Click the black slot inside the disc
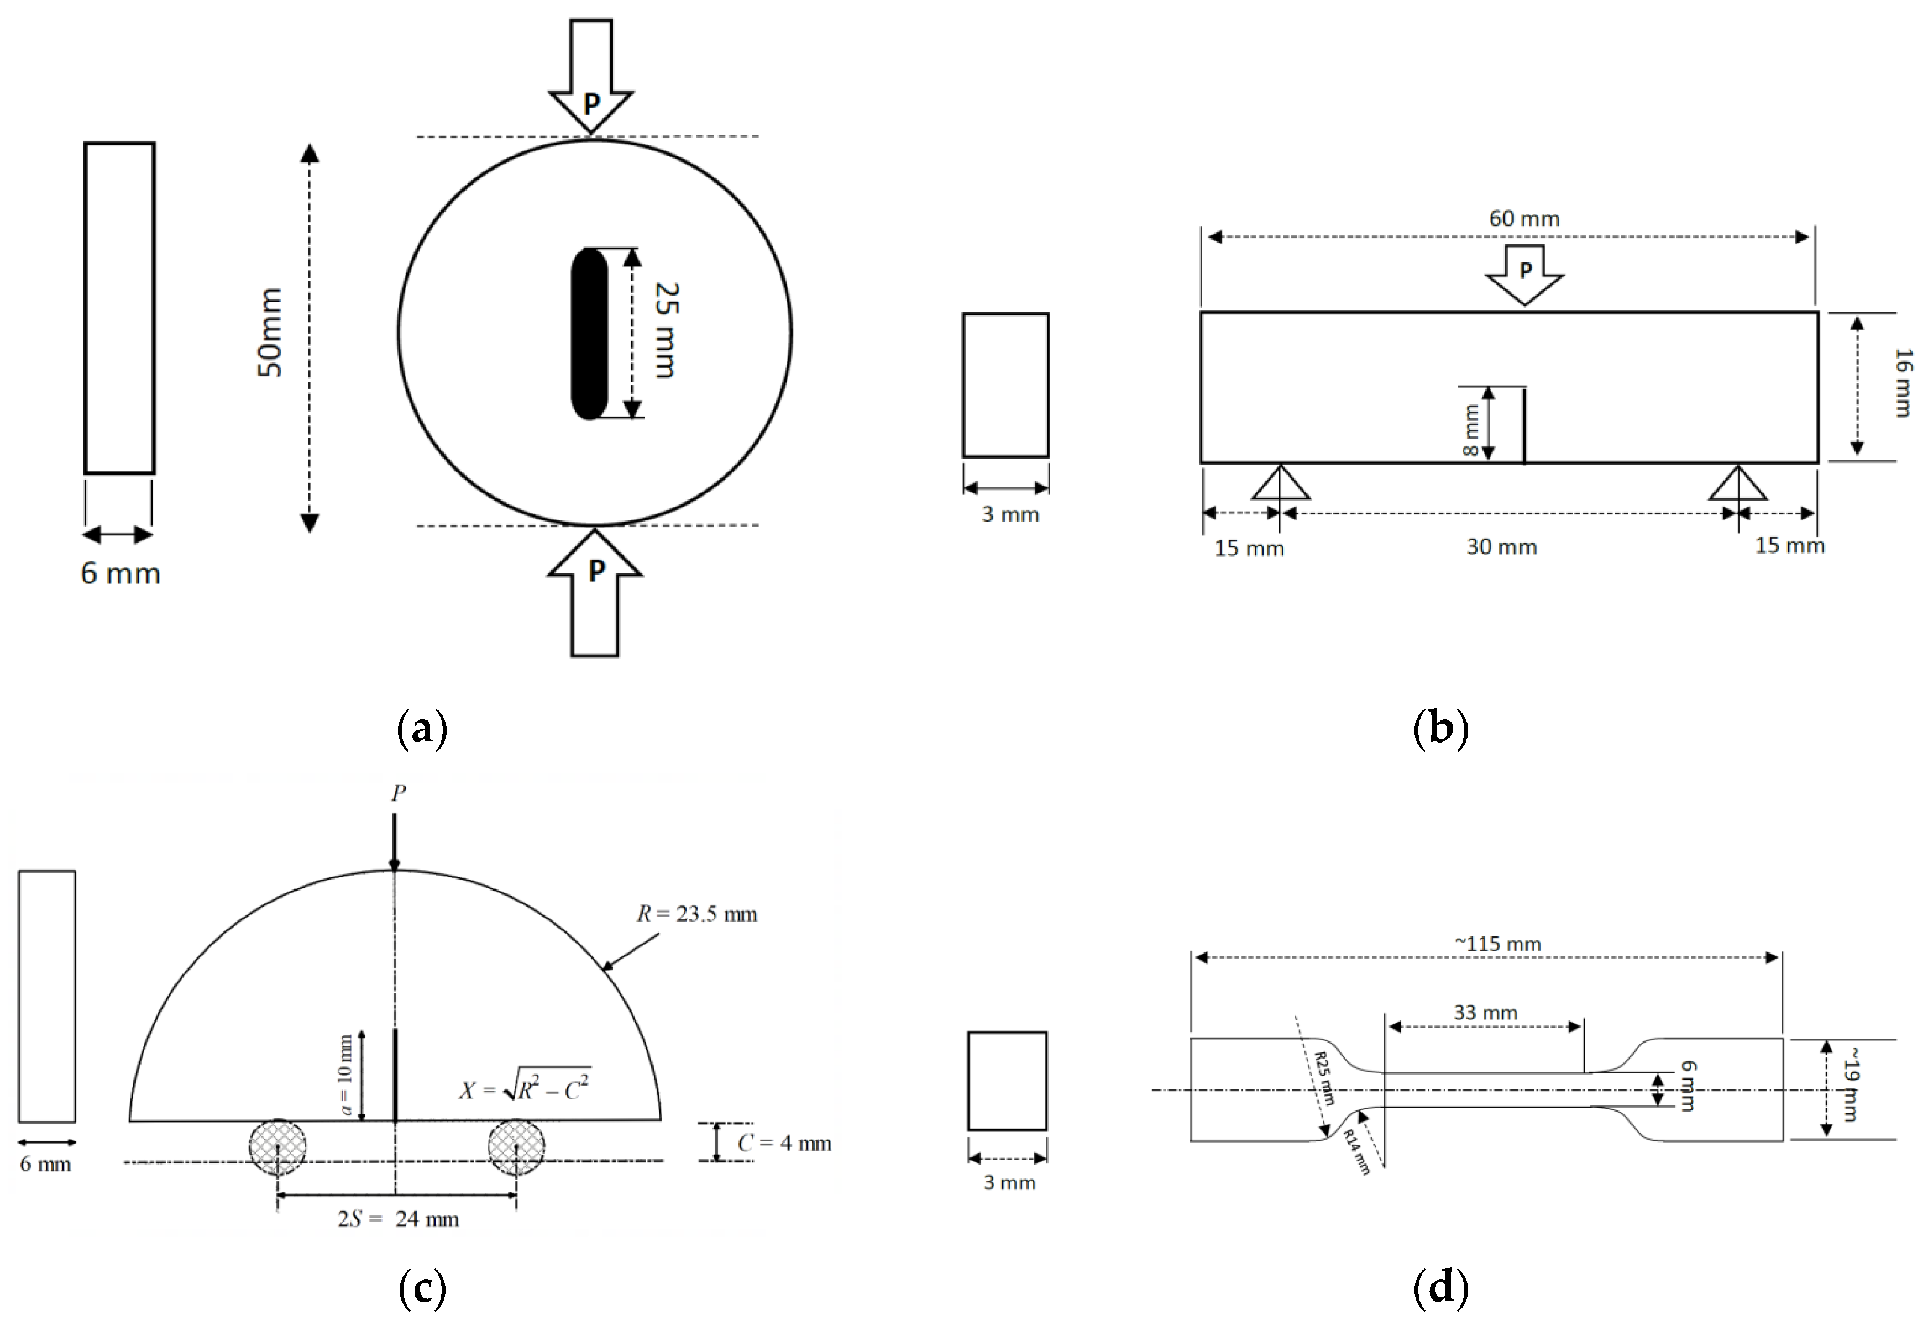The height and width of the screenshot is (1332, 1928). pyautogui.click(x=589, y=334)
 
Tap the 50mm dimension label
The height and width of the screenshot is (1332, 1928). pyautogui.click(x=270, y=332)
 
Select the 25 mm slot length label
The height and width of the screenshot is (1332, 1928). pyautogui.click(x=666, y=330)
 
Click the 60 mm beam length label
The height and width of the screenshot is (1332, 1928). pyautogui.click(x=1524, y=219)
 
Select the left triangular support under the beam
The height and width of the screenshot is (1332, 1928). pyautogui.click(x=1280, y=483)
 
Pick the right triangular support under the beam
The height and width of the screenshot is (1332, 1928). pyautogui.click(x=1738, y=483)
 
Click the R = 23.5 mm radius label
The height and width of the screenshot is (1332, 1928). pyautogui.click(x=697, y=915)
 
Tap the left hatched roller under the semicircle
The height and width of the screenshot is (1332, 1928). pyautogui.click(x=277, y=1147)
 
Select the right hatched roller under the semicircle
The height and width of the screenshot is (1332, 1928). pyautogui.click(x=516, y=1147)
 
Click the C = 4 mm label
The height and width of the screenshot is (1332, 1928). pyautogui.click(x=784, y=1144)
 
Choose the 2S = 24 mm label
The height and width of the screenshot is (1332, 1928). pyautogui.click(x=399, y=1219)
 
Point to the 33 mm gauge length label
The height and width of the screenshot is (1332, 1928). pyautogui.click(x=1485, y=1012)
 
